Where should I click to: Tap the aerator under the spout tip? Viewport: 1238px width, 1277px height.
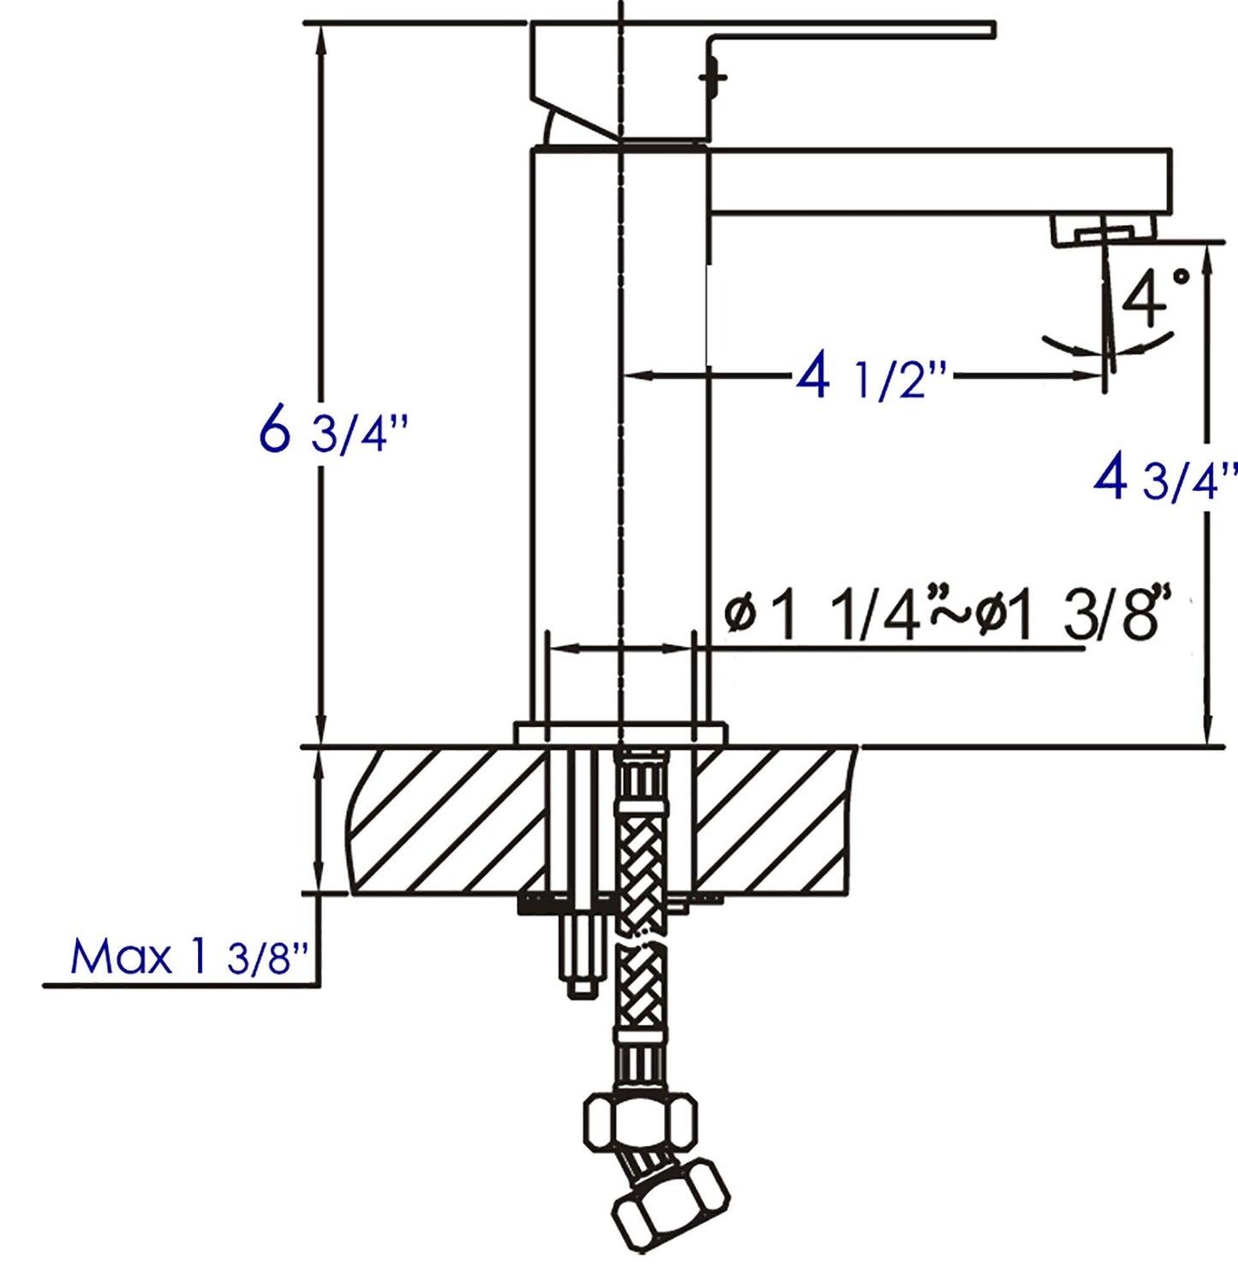point(1103,230)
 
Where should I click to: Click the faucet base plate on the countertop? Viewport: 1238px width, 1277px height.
point(619,734)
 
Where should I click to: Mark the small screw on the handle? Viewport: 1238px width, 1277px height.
point(713,77)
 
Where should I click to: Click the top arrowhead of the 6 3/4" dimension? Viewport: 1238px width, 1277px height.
point(322,34)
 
